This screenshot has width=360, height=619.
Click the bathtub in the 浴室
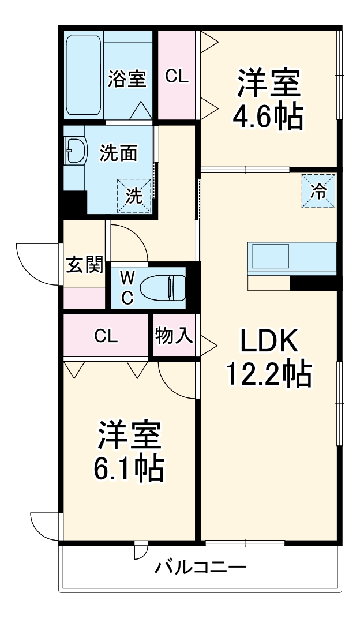point(84,75)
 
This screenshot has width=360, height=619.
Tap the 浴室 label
point(126,78)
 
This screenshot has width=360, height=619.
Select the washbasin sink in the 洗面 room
point(74,152)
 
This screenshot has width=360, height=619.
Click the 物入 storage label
point(174,336)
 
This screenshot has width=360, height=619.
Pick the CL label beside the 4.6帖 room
point(177,76)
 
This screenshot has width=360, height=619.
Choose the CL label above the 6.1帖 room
point(106,336)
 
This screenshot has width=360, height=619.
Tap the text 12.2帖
point(268,375)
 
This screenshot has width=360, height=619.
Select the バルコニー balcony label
point(200,567)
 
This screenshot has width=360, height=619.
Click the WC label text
point(127,286)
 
